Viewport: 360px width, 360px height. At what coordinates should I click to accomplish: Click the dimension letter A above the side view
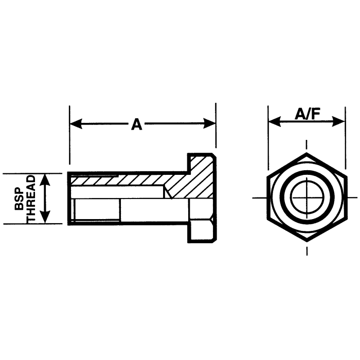(x=136, y=124)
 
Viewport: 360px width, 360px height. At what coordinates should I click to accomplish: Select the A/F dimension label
(x=307, y=115)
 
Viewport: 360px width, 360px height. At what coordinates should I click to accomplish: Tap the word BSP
(x=19, y=199)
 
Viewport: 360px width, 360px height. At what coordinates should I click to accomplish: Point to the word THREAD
(x=31, y=199)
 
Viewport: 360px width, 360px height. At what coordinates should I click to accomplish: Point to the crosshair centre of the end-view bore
(x=307, y=197)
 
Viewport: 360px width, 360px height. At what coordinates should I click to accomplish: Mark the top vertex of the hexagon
(x=307, y=153)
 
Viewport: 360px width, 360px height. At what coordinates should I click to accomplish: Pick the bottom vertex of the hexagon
(x=307, y=241)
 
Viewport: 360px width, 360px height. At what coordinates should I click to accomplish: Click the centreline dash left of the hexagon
(x=259, y=197)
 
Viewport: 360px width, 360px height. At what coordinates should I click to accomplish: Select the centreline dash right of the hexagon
(x=353, y=197)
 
